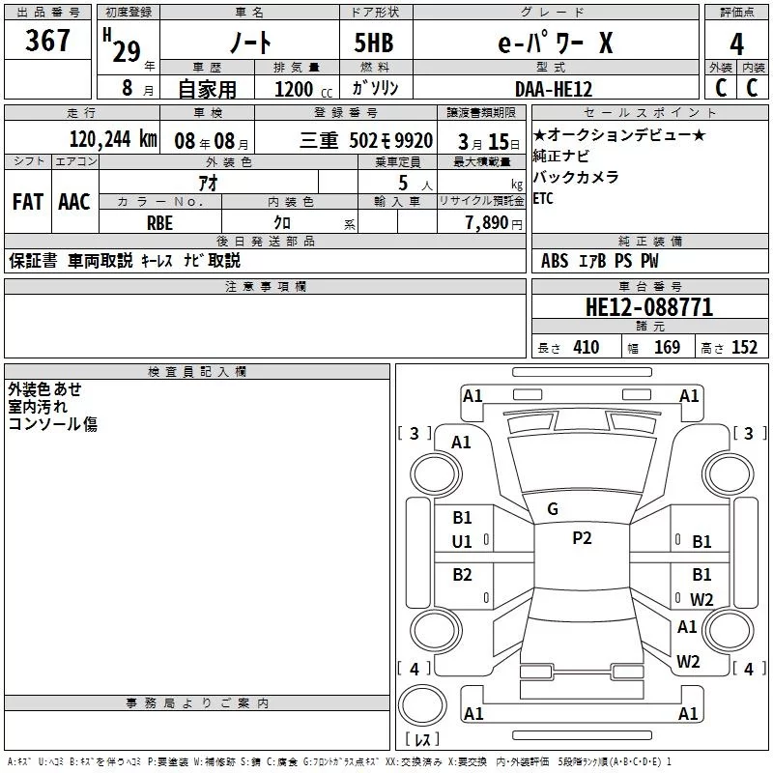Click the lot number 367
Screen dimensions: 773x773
pos(47,42)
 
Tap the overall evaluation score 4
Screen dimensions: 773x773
pos(737,44)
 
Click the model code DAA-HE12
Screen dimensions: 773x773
pos(554,88)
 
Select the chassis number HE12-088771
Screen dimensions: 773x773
pos(649,308)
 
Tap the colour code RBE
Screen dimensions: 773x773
pos(159,221)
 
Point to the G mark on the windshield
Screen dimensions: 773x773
pos(553,509)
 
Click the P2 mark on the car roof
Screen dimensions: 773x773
pos(582,539)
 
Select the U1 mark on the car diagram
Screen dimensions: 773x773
pos(462,542)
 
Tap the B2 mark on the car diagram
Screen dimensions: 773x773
pos(463,575)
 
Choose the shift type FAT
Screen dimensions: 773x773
pos(27,201)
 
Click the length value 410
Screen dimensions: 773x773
pos(586,348)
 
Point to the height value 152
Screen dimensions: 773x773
pos(744,348)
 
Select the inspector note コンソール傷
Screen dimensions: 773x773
pos(52,423)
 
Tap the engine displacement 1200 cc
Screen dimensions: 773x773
pos(296,89)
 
